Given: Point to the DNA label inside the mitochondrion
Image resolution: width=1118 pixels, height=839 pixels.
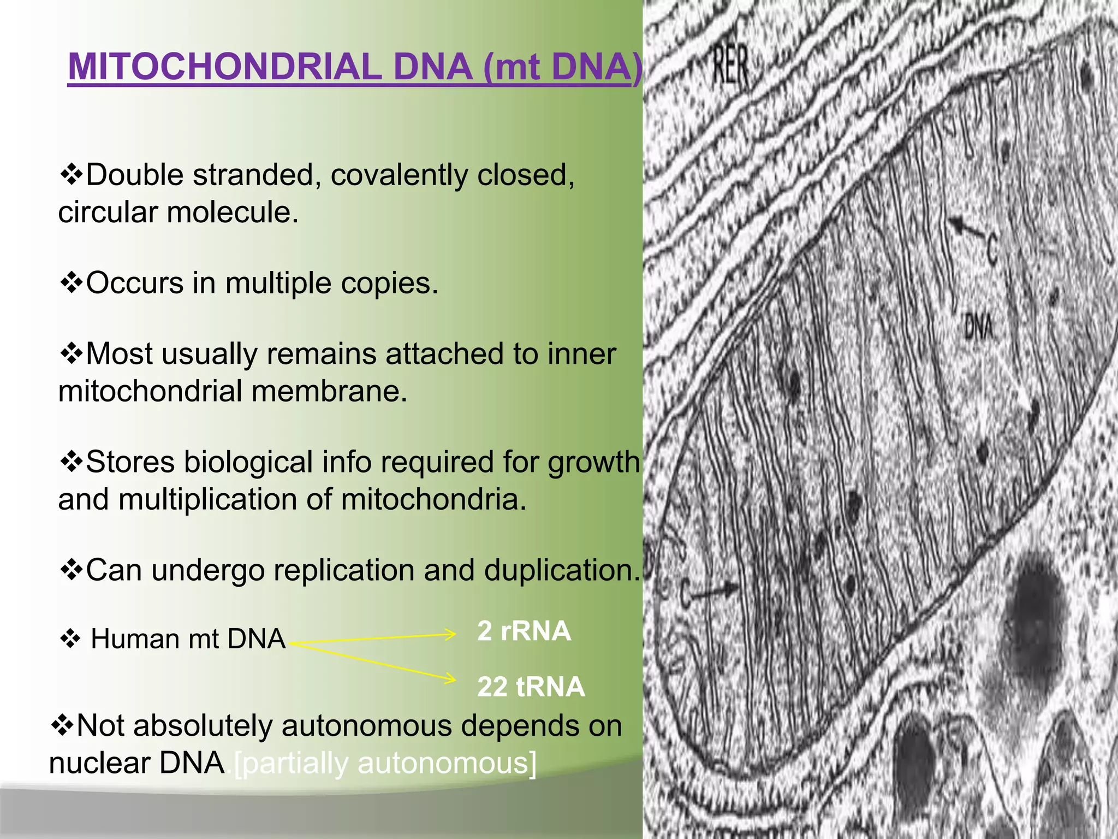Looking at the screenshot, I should pyautogui.click(x=978, y=327).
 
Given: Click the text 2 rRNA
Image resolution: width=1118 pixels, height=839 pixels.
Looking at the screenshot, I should pyautogui.click(x=524, y=631).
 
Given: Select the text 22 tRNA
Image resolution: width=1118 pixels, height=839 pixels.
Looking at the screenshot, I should pyautogui.click(x=531, y=687).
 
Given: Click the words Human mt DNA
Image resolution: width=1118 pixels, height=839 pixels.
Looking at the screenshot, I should pyautogui.click(x=188, y=639).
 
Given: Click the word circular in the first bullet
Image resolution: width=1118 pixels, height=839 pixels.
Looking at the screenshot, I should pyautogui.click(x=108, y=212).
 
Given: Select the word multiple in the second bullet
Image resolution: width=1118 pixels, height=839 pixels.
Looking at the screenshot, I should pyautogui.click(x=278, y=283).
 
